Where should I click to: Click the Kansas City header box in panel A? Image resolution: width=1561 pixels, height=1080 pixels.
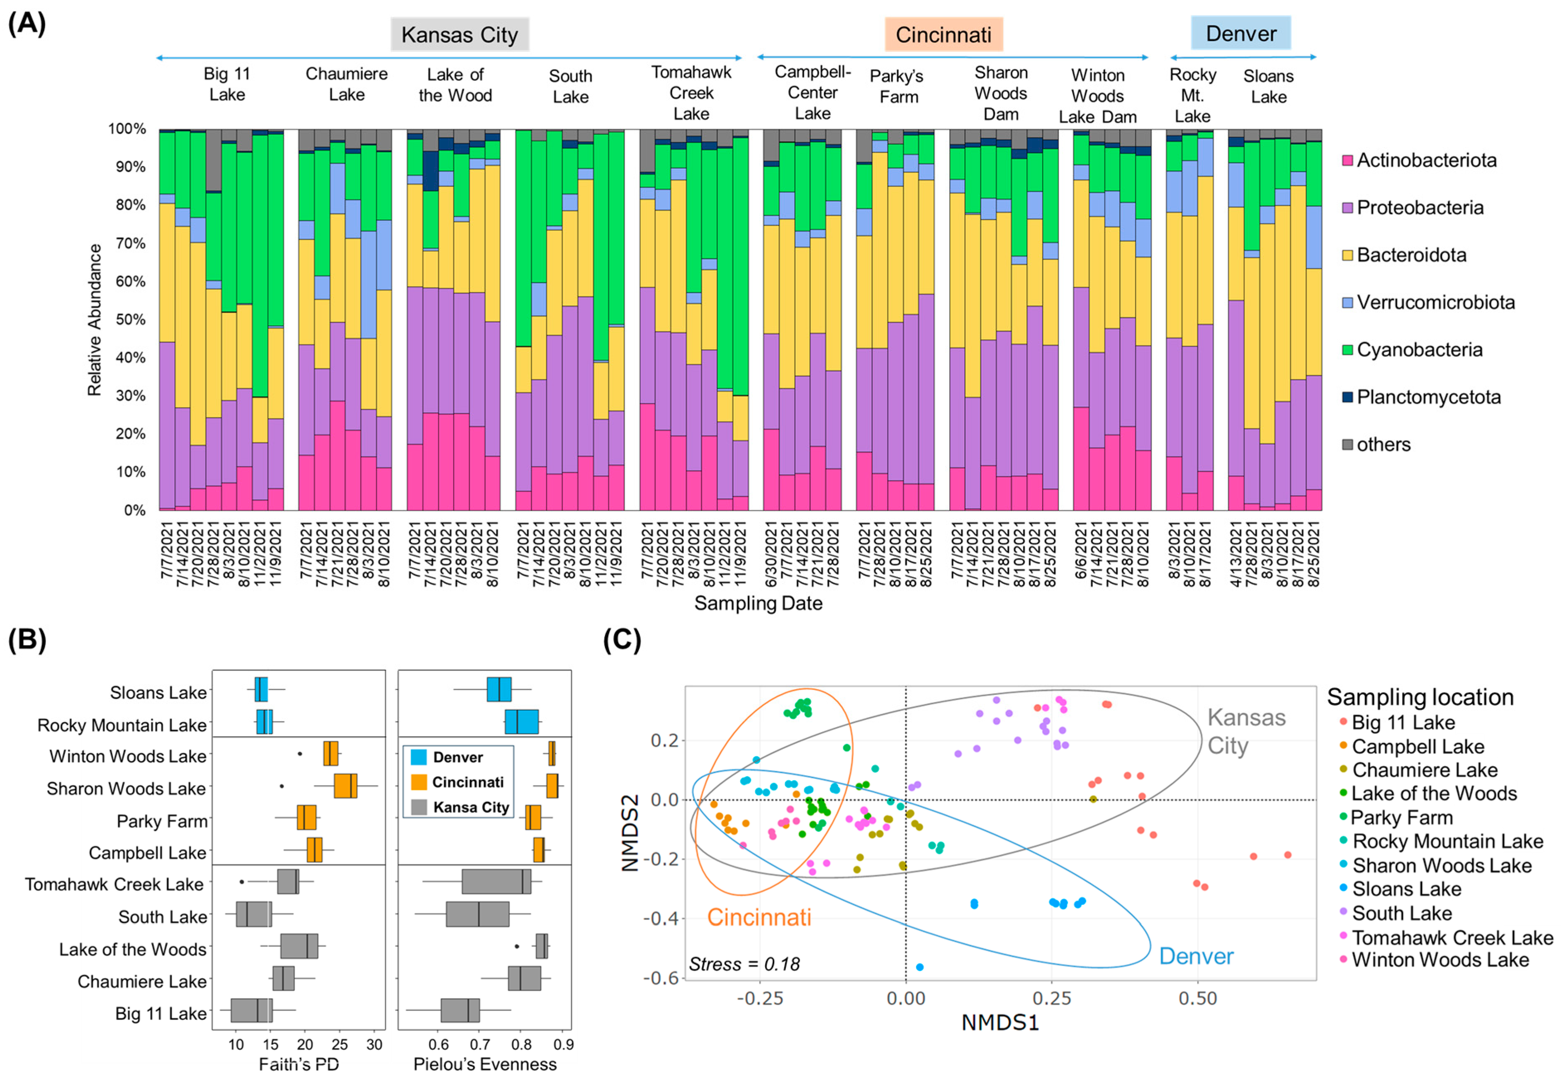click(459, 34)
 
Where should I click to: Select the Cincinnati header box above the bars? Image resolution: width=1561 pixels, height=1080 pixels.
click(943, 34)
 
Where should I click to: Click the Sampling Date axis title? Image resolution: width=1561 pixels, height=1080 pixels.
click(758, 603)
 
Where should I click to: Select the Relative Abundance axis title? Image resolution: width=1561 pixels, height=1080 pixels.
click(94, 319)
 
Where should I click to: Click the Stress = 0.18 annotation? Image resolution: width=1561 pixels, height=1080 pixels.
click(744, 964)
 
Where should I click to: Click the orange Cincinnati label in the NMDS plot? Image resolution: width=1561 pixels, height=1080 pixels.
click(759, 917)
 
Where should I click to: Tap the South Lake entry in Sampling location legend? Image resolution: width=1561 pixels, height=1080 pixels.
click(1401, 913)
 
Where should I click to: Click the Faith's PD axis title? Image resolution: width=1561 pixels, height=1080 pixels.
click(299, 1064)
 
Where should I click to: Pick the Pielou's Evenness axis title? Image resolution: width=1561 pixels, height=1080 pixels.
click(485, 1064)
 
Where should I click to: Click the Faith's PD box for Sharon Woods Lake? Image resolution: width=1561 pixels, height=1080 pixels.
click(345, 786)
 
